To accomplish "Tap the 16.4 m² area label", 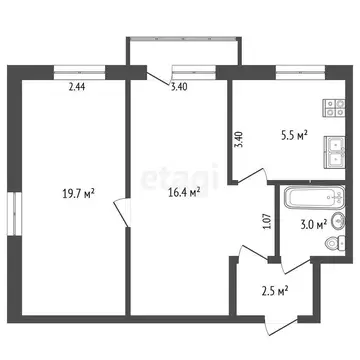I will coord(181,193).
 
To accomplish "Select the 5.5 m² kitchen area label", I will coord(292,133).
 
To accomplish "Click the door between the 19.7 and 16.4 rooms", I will coord(121,213).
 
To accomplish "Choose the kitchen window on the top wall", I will coord(293,70).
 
